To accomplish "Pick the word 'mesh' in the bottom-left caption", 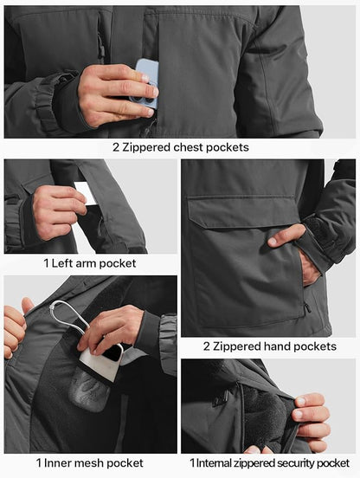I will coord(95,463).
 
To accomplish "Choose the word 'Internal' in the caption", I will coord(215,463).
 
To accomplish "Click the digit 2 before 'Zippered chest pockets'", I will coord(115,147).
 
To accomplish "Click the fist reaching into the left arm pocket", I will coord(57,211).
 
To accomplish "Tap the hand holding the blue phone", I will coord(112,93).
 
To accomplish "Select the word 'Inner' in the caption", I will coord(61,463).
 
